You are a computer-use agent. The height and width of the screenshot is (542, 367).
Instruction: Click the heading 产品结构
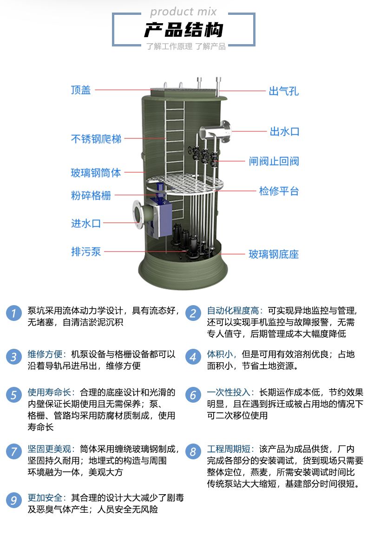point(183,30)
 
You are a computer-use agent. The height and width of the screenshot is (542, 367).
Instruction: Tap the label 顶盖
point(80,90)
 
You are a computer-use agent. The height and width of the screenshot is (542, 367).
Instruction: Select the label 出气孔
point(284,91)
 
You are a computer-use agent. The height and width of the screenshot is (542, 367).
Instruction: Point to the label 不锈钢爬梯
point(96,139)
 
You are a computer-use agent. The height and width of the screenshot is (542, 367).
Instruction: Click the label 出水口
point(285,132)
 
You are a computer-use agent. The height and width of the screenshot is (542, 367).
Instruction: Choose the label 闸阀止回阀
point(274,162)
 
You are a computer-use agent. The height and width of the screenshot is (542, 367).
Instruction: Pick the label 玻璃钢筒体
point(96,173)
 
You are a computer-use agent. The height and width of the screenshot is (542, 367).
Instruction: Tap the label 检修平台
point(279,191)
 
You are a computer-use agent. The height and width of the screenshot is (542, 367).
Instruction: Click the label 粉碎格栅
point(91,196)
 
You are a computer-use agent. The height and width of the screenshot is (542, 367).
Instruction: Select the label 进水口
point(86,224)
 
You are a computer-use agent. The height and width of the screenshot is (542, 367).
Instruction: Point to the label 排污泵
point(86,252)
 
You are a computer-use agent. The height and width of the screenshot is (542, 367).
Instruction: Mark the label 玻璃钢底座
point(274,255)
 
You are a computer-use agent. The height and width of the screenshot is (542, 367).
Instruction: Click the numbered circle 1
point(14,313)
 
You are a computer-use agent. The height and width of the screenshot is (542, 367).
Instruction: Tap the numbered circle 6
point(193,395)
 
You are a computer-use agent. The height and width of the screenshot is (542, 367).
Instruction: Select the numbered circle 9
point(14,500)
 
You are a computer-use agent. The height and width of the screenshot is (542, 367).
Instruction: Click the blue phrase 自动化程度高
point(233,311)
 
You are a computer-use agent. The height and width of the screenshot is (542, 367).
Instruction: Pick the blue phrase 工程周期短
point(228,449)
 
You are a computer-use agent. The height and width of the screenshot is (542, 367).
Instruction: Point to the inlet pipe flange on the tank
point(138,214)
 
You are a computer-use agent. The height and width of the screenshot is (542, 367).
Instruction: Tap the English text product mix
point(183,12)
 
